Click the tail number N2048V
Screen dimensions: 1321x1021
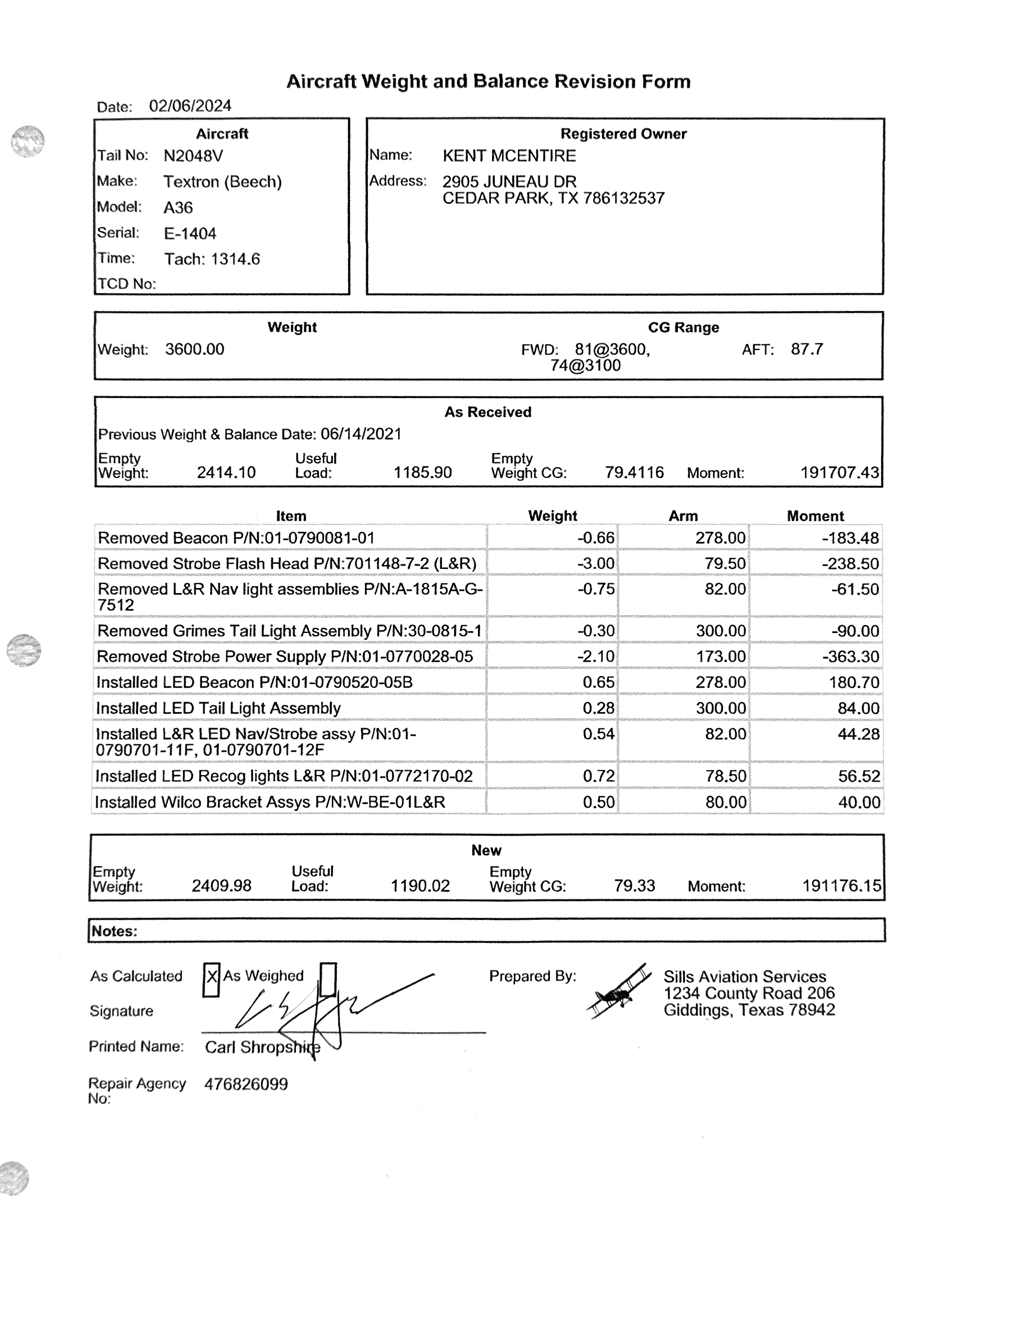pyautogui.click(x=193, y=156)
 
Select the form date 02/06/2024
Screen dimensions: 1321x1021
pyautogui.click(x=190, y=107)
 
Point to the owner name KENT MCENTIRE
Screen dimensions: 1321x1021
pyautogui.click(x=509, y=156)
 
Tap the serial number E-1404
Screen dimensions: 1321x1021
pyautogui.click(x=190, y=234)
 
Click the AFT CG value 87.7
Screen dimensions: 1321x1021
pyautogui.click(x=806, y=349)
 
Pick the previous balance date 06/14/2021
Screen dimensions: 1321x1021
pyautogui.click(x=361, y=434)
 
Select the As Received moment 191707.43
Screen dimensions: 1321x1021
pyautogui.click(x=839, y=473)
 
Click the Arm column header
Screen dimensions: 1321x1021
pyautogui.click(x=683, y=516)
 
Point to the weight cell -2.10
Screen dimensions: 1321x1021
pyautogui.click(x=596, y=657)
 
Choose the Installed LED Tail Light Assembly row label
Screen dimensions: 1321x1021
pyautogui.click(x=218, y=708)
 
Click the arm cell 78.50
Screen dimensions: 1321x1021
pyautogui.click(x=725, y=776)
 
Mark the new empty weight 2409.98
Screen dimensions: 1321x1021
pyautogui.click(x=221, y=886)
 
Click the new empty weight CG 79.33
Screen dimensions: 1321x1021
pyautogui.click(x=634, y=886)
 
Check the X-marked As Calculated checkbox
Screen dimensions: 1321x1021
pyautogui.click(x=211, y=980)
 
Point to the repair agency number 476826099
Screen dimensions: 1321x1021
pyautogui.click(x=245, y=1085)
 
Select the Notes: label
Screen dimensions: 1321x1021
pyautogui.click(x=115, y=931)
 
